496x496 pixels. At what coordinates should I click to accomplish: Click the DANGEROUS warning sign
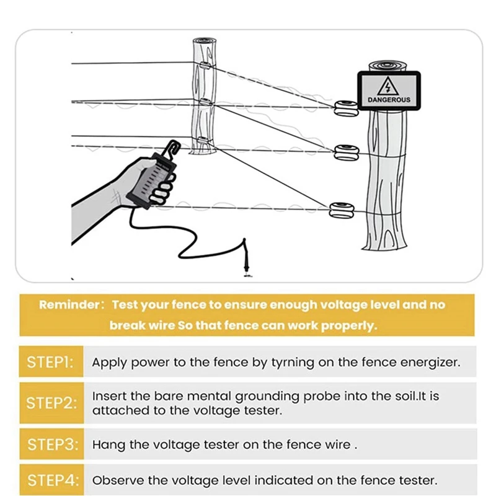pyautogui.click(x=389, y=91)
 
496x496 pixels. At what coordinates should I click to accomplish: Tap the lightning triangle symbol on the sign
pyautogui.click(x=389, y=85)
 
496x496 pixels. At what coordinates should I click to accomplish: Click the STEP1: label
pyautogui.click(x=50, y=362)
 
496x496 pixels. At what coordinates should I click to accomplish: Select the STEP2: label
pyautogui.click(x=50, y=402)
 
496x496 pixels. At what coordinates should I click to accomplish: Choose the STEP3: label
pyautogui.click(x=50, y=444)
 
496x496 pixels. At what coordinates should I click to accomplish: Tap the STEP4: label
pyautogui.click(x=50, y=479)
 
